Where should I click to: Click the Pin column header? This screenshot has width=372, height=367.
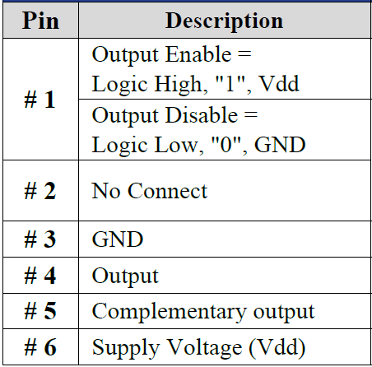(40, 21)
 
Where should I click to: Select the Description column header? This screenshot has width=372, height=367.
(224, 21)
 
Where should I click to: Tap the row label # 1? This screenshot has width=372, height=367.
(40, 100)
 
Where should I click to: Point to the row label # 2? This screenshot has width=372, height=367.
(40, 191)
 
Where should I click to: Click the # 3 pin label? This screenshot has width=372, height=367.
(40, 239)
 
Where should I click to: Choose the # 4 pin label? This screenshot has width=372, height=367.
(40, 275)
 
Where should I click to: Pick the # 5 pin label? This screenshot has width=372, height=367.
(40, 311)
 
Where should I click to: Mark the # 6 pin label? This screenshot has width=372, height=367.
(40, 347)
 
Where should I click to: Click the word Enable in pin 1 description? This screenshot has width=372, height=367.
(198, 54)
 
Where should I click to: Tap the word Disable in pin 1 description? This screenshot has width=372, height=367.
(202, 115)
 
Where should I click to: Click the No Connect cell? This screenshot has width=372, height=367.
(150, 191)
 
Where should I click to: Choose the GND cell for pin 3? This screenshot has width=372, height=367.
(118, 239)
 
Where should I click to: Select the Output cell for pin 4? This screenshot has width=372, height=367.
(125, 276)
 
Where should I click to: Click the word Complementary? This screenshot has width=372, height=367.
(169, 313)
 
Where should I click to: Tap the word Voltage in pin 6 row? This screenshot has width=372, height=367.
(205, 348)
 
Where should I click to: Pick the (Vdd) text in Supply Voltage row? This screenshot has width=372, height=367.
(277, 348)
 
